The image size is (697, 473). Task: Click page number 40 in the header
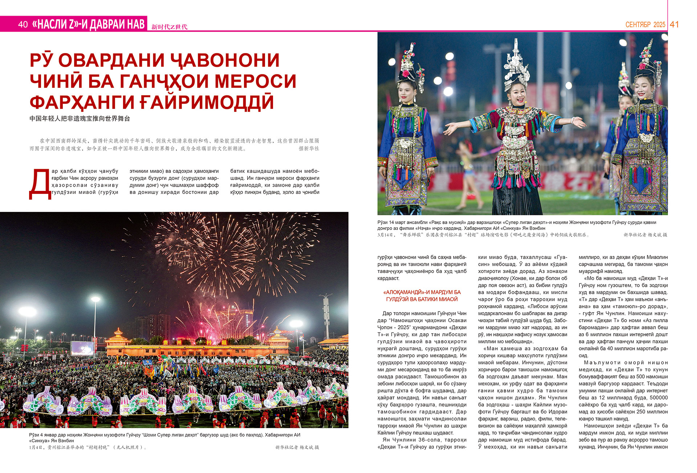point(23,24)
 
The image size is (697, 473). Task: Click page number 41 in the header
point(674,24)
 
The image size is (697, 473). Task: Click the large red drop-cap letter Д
point(40,184)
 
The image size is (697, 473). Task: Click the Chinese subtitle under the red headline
point(80,119)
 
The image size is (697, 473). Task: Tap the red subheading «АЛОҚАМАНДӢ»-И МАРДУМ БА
point(421,292)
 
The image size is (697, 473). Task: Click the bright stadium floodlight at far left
point(27,311)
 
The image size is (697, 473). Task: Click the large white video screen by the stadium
point(82,348)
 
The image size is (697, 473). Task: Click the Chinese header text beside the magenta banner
point(169,26)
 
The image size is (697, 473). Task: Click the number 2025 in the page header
point(659,25)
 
